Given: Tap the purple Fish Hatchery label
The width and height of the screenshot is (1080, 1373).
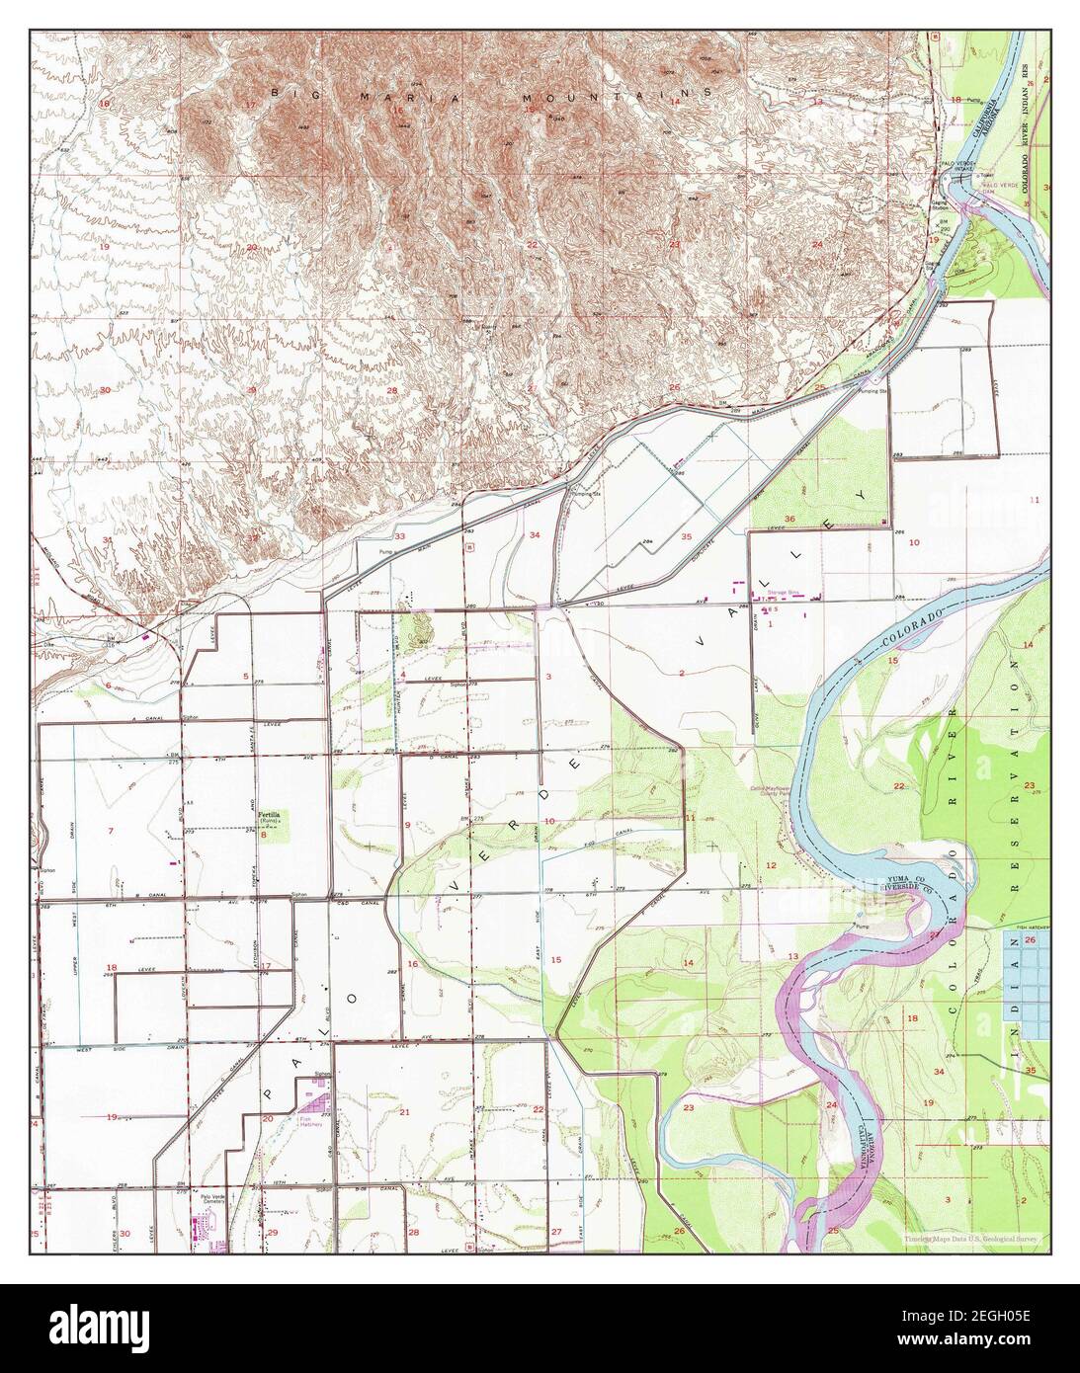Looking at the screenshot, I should pyautogui.click(x=312, y=1122).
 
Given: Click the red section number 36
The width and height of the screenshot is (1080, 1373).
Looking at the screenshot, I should pyautogui.click(x=789, y=519).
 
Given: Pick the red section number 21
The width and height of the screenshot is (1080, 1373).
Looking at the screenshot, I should pyautogui.click(x=404, y=1112).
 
